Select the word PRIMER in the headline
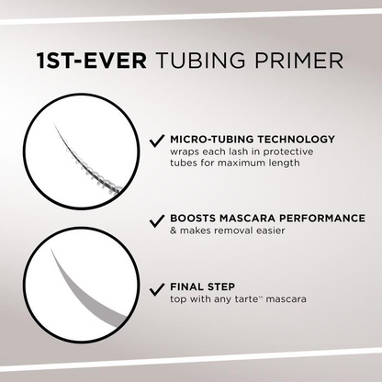click(298, 62)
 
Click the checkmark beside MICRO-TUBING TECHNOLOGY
click(157, 141)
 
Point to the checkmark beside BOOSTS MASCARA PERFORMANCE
click(157, 221)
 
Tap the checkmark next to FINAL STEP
click(157, 286)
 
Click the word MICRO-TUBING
click(210, 140)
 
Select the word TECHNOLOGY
click(294, 140)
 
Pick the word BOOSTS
click(194, 219)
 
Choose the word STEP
click(224, 285)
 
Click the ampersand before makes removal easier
click(174, 233)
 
